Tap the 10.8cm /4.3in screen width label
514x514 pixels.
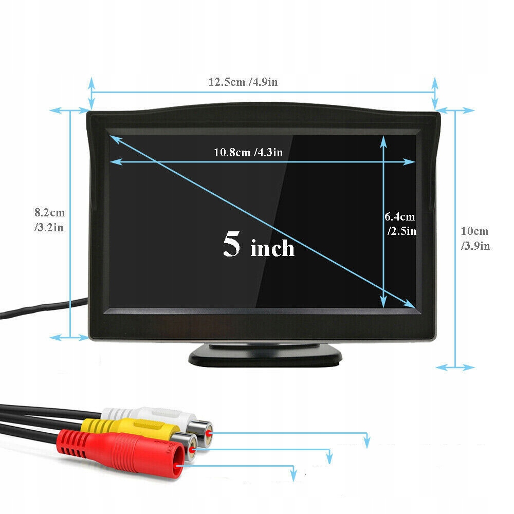248,152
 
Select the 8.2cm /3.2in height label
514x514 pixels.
49,219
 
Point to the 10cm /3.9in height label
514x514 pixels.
475,238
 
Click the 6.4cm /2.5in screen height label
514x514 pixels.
400,224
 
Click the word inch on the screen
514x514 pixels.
272,249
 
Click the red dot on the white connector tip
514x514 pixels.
208,433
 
